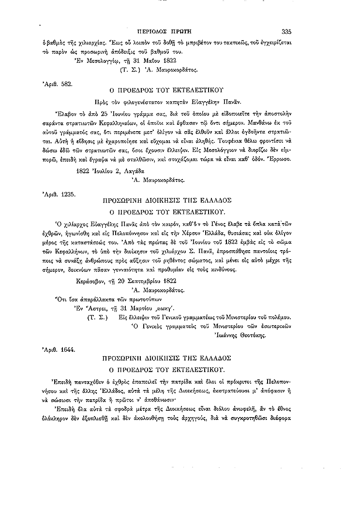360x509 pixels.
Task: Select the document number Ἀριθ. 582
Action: pyautogui.click(x=58, y=84)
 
